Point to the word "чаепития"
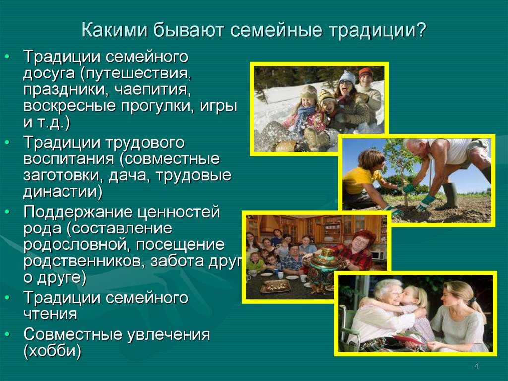(x=152, y=90)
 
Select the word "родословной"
(x=77, y=245)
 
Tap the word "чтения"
(x=50, y=314)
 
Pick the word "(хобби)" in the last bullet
(x=52, y=351)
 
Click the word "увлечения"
(x=169, y=335)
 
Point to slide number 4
(x=476, y=366)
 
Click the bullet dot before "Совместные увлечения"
(x=8, y=334)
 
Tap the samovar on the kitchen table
(x=319, y=266)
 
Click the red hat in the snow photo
(x=366, y=73)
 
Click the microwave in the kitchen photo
(x=378, y=254)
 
